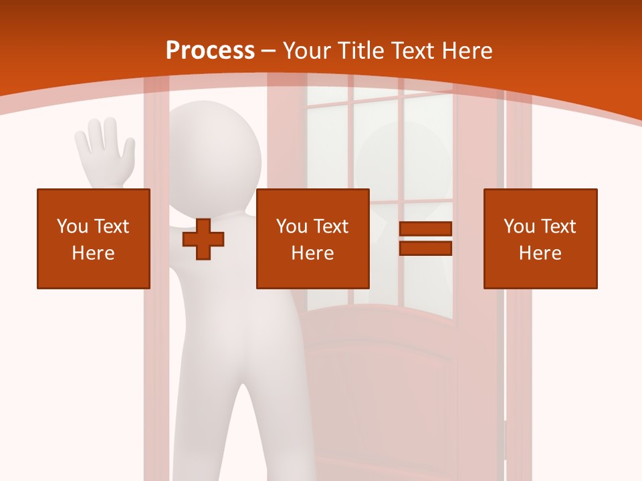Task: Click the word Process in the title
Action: pos(210,50)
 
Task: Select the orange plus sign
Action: pos(203,239)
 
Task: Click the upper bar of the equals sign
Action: pos(425,229)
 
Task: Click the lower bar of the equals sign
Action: pos(425,248)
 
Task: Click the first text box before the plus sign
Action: pos(94,238)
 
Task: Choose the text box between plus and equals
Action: pos(312,238)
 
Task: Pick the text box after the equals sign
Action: pos(540,238)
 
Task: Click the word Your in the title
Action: pos(307,50)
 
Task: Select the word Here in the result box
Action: pos(540,253)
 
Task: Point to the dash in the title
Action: pos(269,50)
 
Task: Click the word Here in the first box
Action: pos(94,253)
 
